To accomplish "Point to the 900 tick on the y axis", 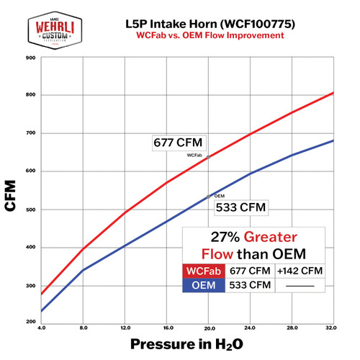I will click(x=31, y=57).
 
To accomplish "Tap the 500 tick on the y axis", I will click(x=31, y=210).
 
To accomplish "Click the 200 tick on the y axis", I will click(x=31, y=322).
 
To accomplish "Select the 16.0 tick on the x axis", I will click(x=167, y=328).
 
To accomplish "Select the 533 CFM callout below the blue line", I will click(x=240, y=208).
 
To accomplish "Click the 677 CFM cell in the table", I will click(x=251, y=271).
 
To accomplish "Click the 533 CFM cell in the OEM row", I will click(x=251, y=285).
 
